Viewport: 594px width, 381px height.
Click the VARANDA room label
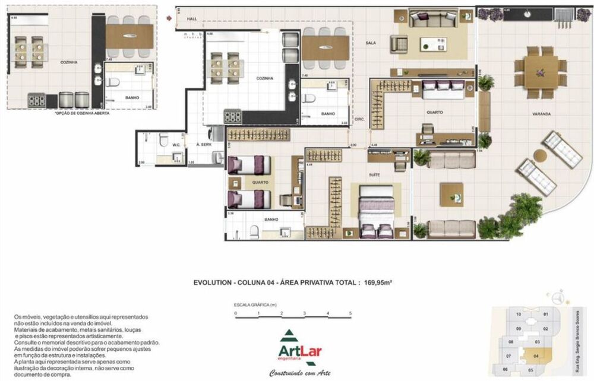pyautogui.click(x=541, y=113)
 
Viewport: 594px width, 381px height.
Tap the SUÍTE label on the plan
pyautogui.click(x=374, y=175)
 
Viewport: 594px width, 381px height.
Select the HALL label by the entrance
pyautogui.click(x=191, y=19)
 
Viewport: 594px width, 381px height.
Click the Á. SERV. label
pyautogui.click(x=206, y=144)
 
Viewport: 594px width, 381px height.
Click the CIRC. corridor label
pyautogui.click(x=359, y=119)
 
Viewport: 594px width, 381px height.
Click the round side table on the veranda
pyautogui.click(x=539, y=155)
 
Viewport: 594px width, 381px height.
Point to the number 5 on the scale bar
pyautogui.click(x=350, y=313)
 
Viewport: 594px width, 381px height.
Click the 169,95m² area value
pyautogui.click(x=377, y=283)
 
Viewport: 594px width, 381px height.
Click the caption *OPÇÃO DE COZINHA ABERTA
pyautogui.click(x=82, y=113)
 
